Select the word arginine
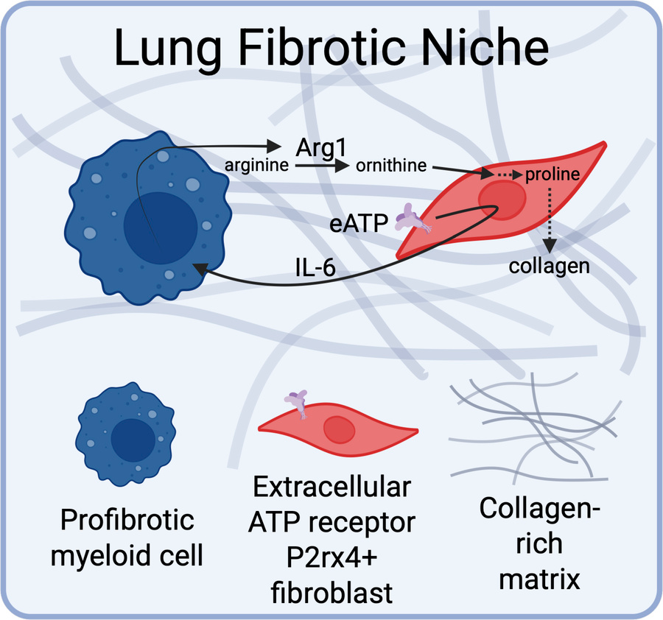click(256, 166)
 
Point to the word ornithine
click(391, 165)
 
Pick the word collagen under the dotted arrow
click(550, 266)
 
